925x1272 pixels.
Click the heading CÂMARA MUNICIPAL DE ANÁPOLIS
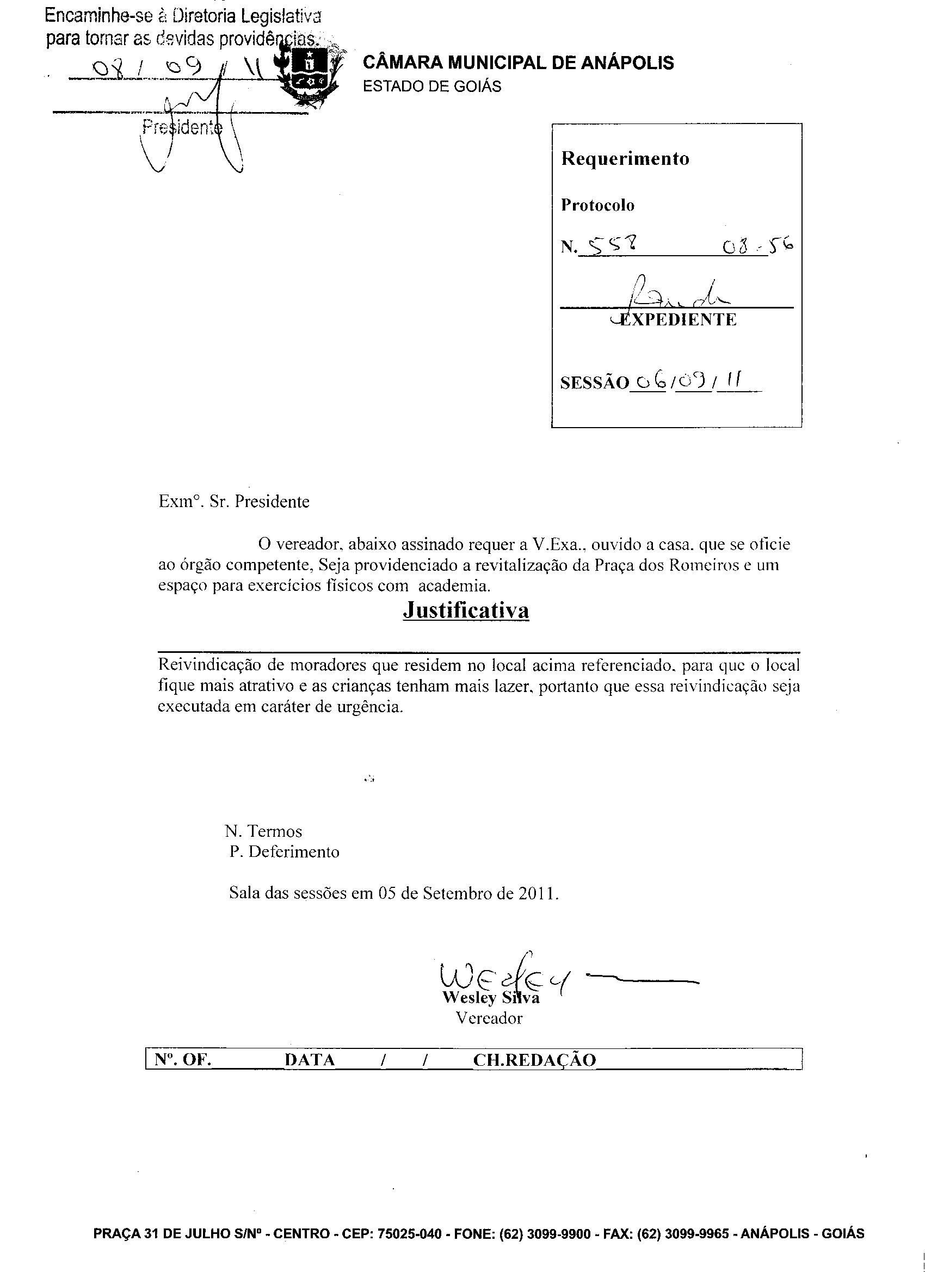pos(518,63)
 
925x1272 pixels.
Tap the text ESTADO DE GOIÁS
pos(432,87)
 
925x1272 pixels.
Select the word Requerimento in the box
pos(625,159)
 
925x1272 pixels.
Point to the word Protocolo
pos(597,206)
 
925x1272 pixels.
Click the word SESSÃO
pos(594,383)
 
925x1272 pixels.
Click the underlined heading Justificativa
pos(466,611)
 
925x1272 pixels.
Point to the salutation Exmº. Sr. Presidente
pos(234,502)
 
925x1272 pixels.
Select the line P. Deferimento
pos(285,852)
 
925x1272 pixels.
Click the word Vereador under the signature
pos(489,1018)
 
